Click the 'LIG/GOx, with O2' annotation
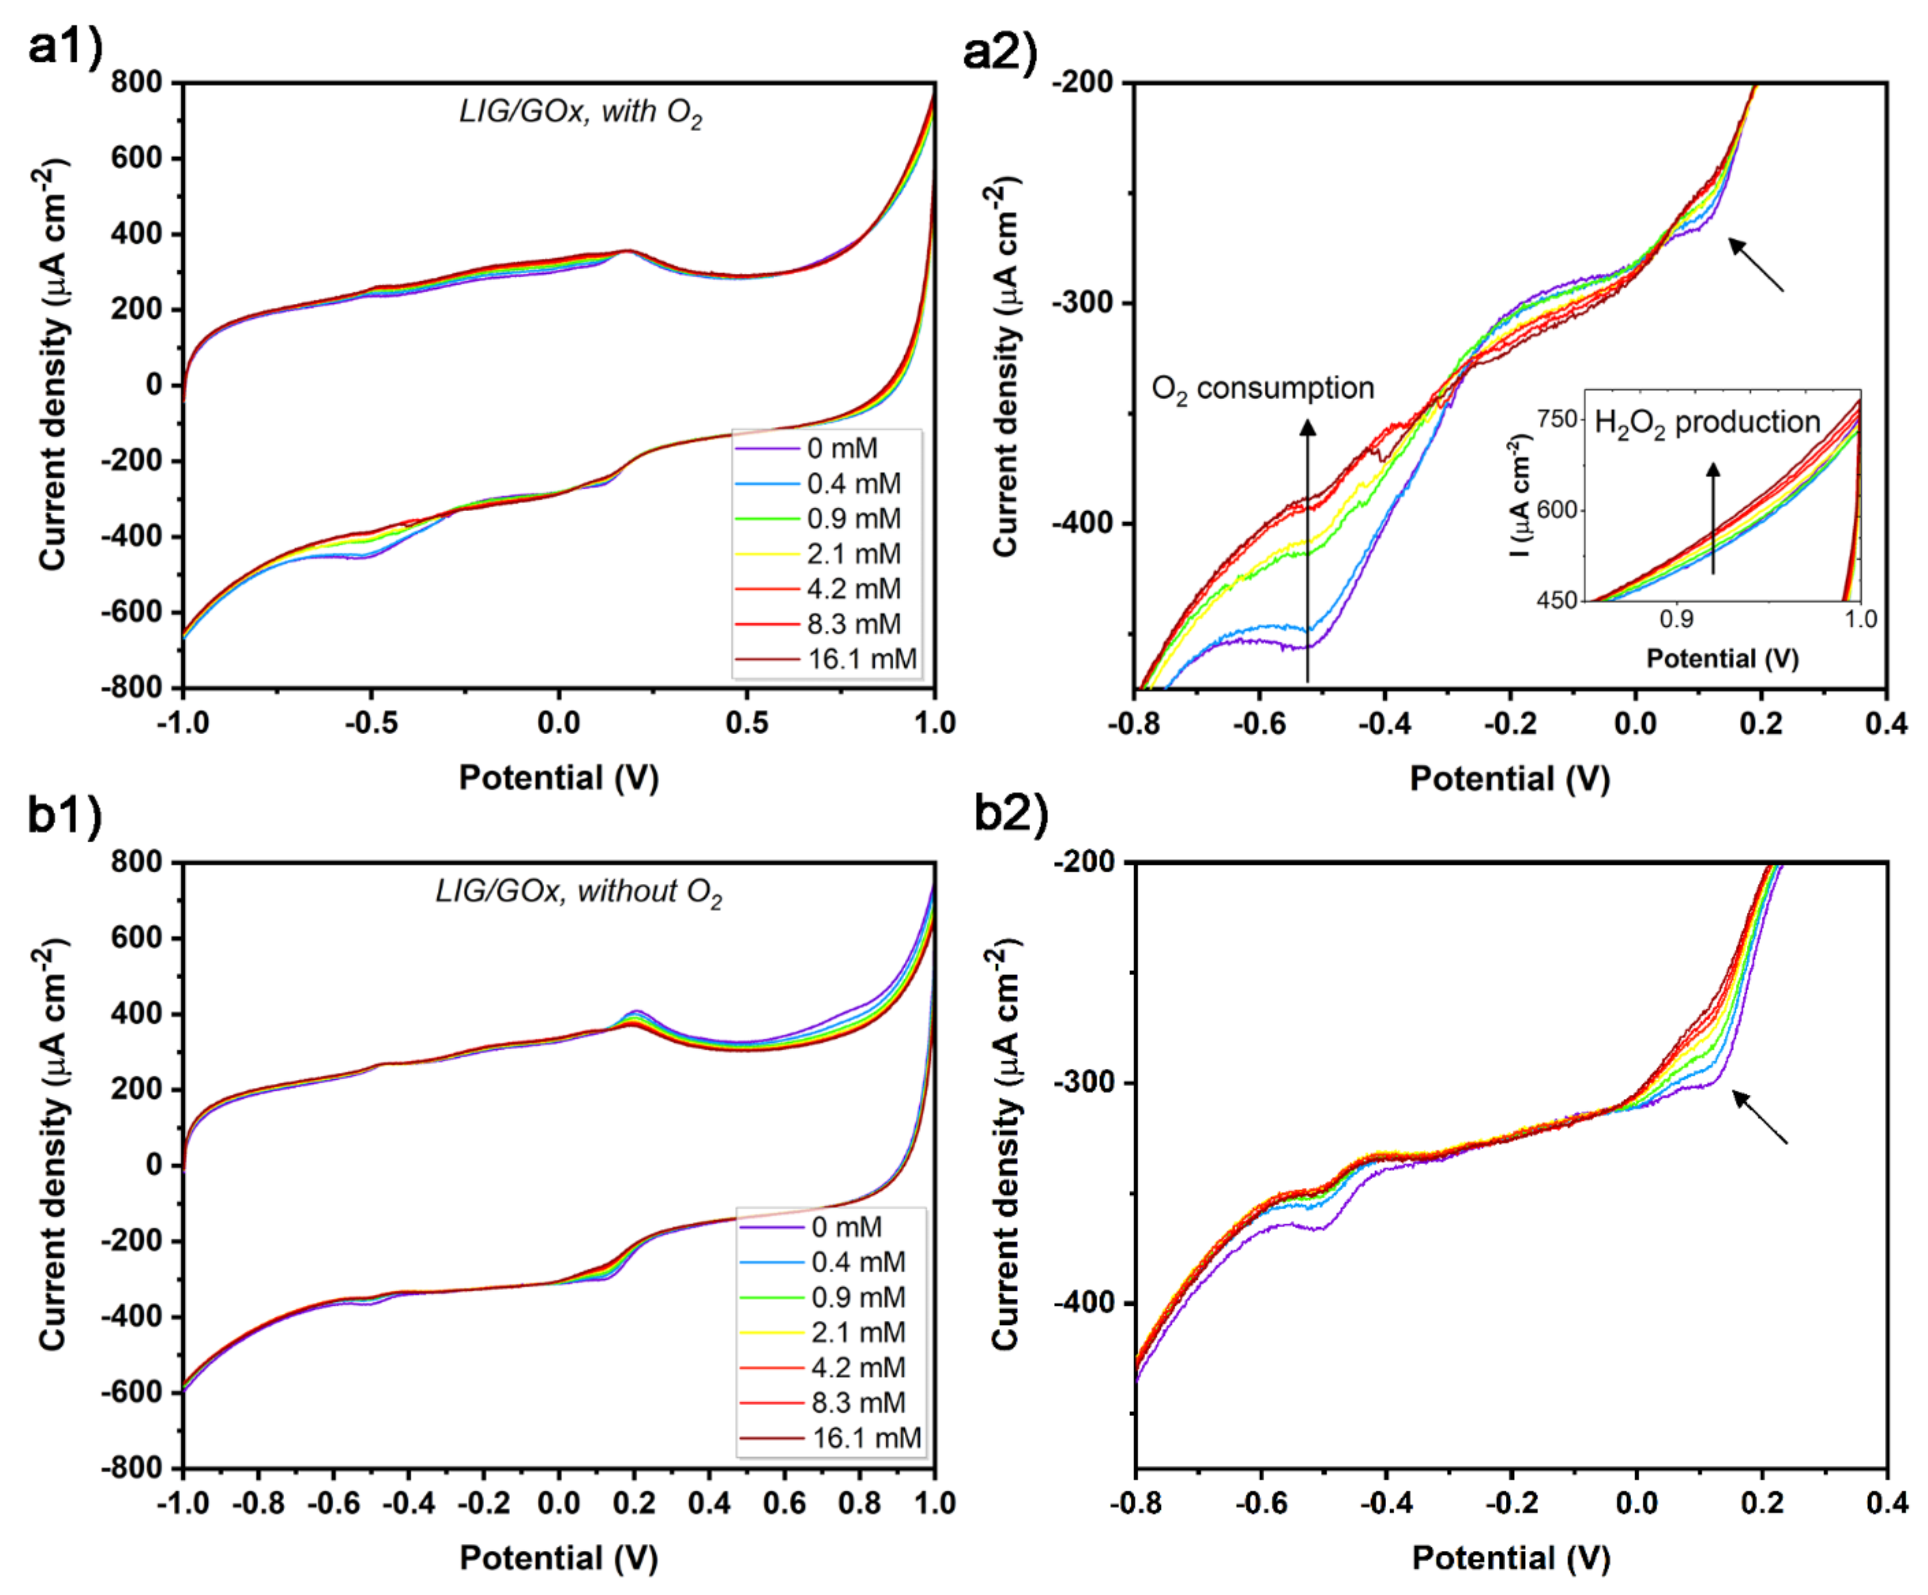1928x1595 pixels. point(580,112)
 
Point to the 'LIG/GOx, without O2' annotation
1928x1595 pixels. point(578,891)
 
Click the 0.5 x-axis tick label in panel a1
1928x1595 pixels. point(747,724)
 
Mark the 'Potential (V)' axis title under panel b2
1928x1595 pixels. point(1510,1557)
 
